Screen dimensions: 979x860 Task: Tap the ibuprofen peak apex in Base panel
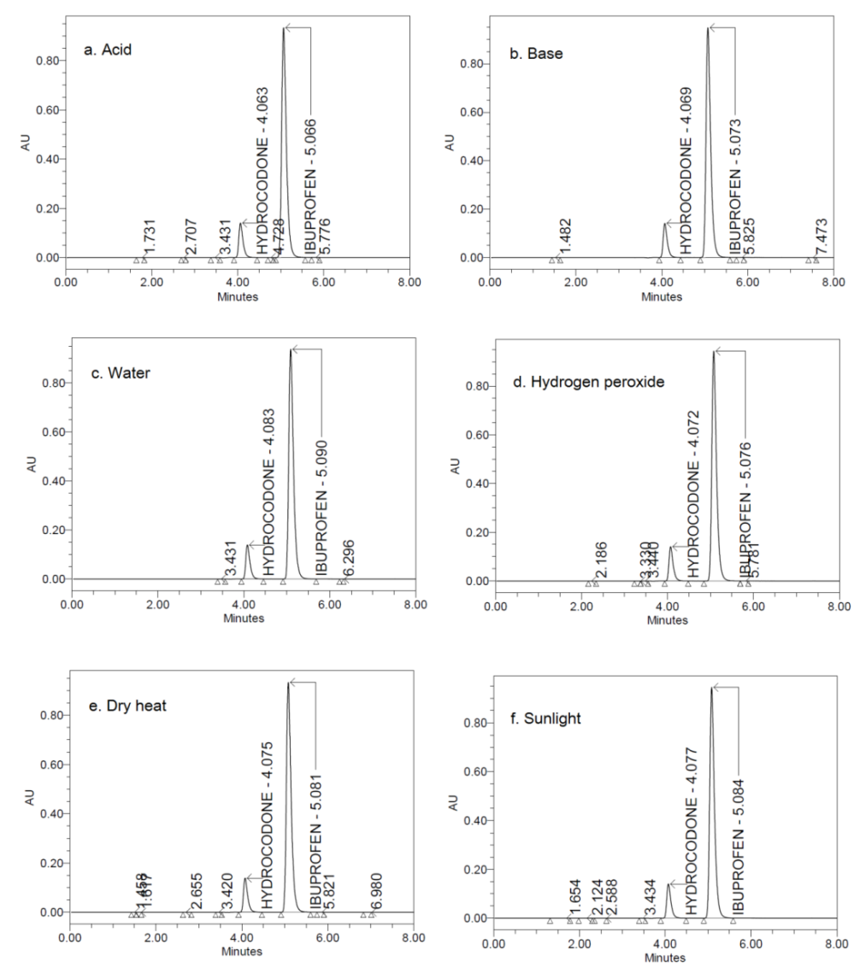coord(708,29)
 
